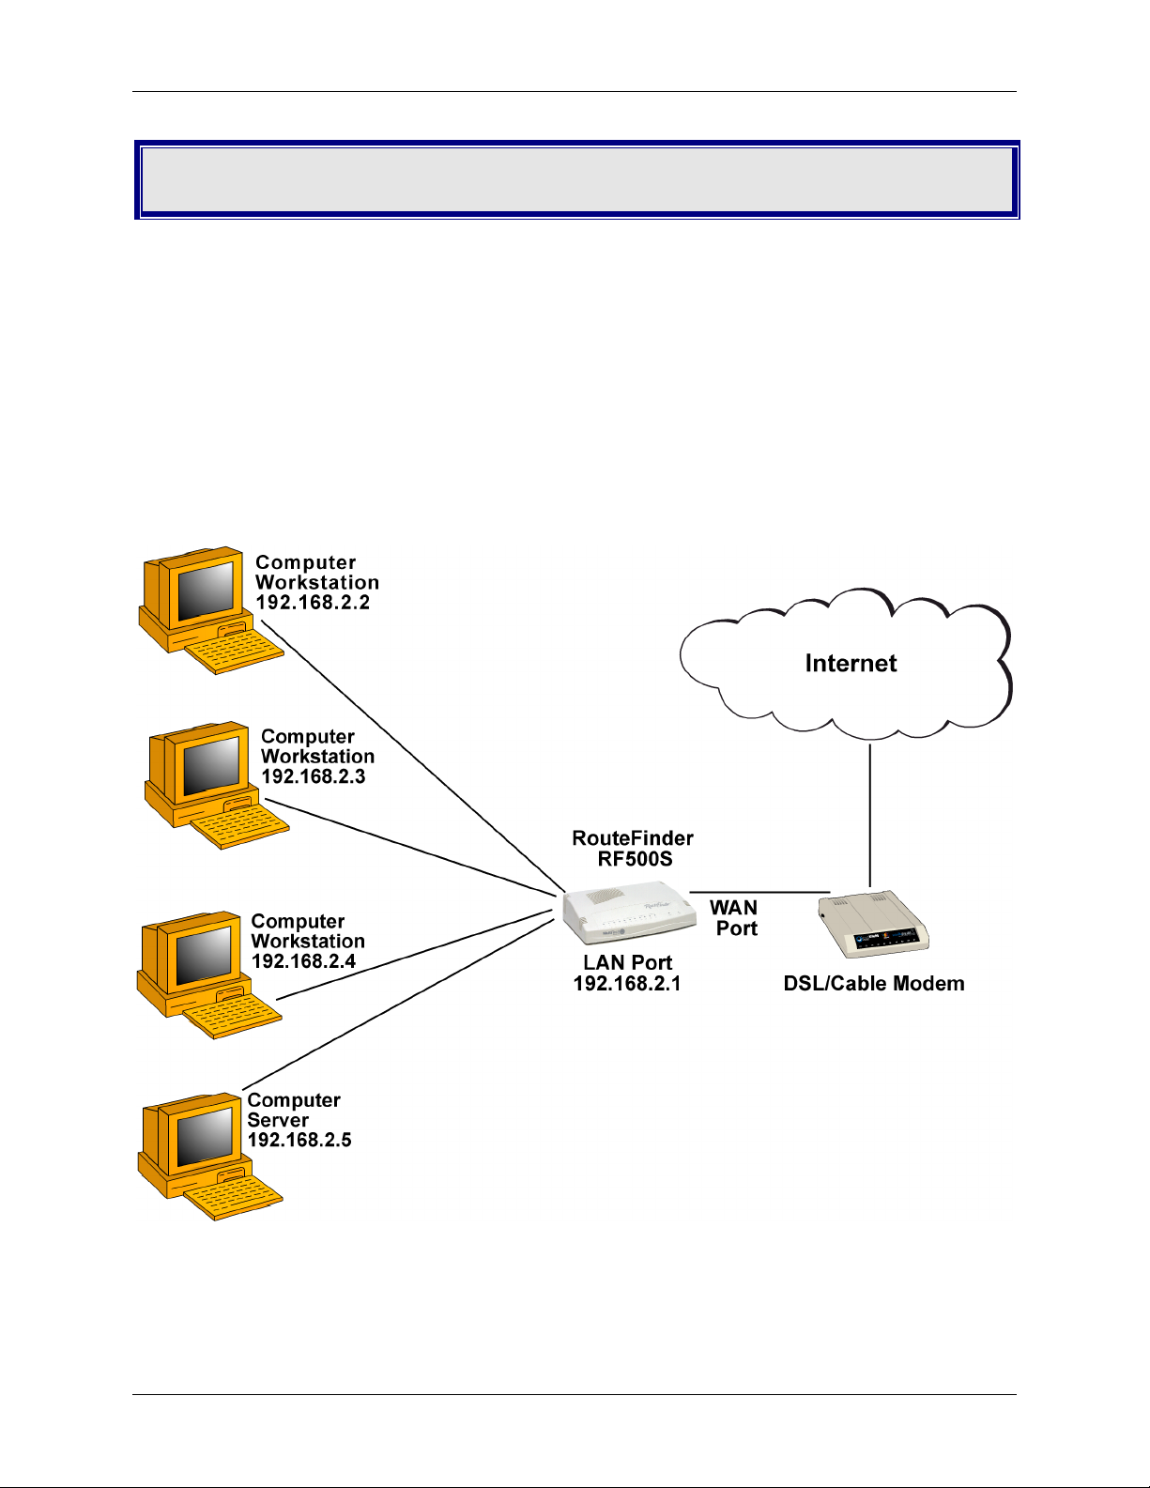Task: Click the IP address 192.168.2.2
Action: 313,603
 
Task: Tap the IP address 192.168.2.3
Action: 314,776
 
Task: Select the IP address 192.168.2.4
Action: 303,961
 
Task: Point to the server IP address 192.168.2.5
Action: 299,1140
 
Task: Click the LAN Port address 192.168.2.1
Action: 627,984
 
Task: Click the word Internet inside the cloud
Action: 851,663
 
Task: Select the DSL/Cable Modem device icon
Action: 873,923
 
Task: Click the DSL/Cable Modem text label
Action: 874,984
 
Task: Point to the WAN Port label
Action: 734,918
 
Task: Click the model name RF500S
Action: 636,859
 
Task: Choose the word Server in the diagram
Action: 278,1120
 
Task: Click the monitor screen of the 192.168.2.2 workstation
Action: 206,591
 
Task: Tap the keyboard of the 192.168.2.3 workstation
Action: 239,827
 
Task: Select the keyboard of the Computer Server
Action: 234,1198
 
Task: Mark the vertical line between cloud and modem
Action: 870,816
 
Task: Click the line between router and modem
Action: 759,892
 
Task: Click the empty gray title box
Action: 577,180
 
